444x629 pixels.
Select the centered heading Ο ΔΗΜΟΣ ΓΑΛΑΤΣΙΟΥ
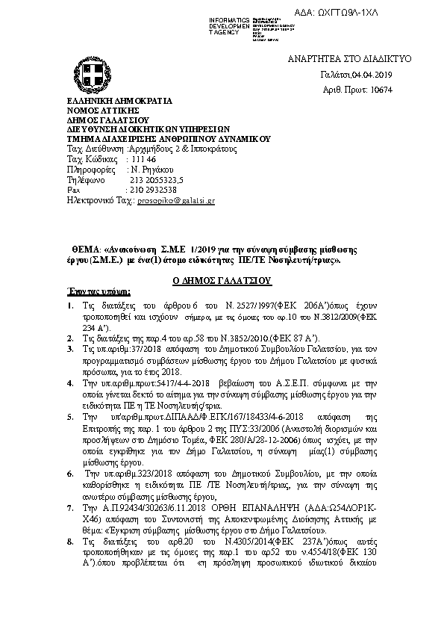[221, 281]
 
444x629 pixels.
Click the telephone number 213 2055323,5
[157, 180]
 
